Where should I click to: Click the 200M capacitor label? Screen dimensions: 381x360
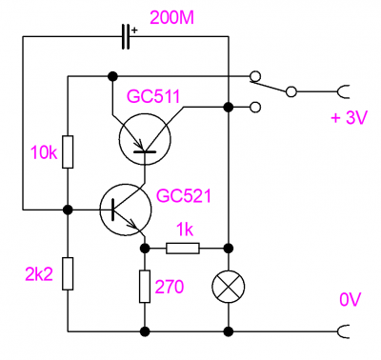coord(171,18)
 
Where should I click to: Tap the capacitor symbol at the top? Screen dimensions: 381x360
coord(126,36)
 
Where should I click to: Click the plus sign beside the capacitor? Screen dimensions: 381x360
coord(135,30)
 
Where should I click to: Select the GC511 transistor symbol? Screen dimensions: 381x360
coord(145,139)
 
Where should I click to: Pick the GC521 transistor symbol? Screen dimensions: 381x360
coord(126,210)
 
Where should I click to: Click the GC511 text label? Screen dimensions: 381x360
coord(153,96)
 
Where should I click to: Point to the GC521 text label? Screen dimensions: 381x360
coord(184,196)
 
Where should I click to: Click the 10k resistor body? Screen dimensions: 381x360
coord(68,151)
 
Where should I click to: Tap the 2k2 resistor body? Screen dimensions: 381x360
coord(68,273)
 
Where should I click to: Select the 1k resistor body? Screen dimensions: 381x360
coord(183,249)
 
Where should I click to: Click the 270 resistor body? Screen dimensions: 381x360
coord(145,287)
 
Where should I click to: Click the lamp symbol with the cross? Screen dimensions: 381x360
coord(229,287)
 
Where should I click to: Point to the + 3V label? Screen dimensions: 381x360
coord(349,118)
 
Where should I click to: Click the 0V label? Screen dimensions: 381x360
coord(351,299)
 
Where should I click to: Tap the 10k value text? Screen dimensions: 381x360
coord(44,152)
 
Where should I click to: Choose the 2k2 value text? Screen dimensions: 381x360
coord(39,274)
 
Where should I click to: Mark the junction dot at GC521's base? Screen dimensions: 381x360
coord(68,210)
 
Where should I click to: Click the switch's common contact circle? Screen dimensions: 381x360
coord(291,91)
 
